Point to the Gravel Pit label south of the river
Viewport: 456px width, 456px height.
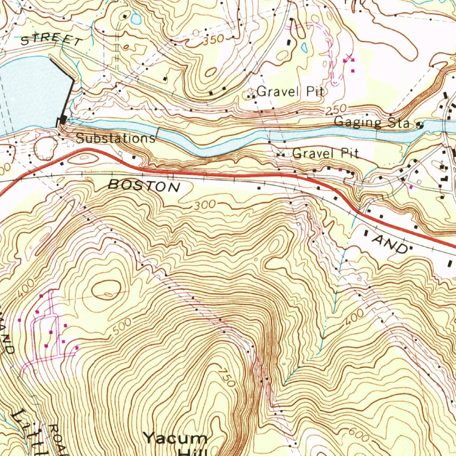[325, 154]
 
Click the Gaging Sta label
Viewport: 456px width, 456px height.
[372, 122]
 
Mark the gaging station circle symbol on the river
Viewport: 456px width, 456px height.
[419, 125]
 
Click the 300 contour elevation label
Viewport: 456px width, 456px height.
[205, 205]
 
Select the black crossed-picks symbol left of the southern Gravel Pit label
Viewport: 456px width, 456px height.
[281, 155]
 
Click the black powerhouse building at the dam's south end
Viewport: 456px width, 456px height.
[63, 119]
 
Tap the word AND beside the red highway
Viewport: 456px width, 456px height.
[391, 244]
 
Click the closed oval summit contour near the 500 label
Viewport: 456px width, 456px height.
[106, 289]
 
